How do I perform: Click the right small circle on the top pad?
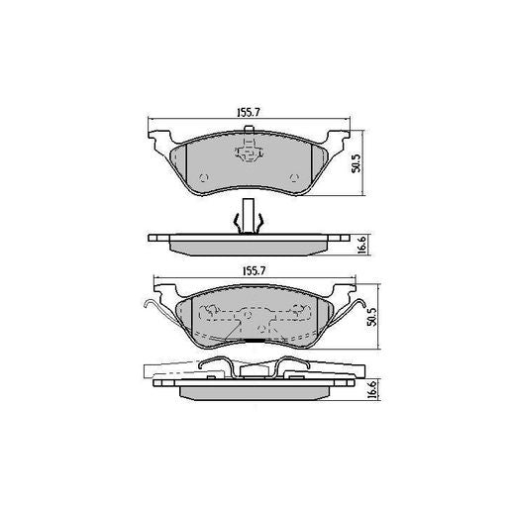(294, 178)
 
